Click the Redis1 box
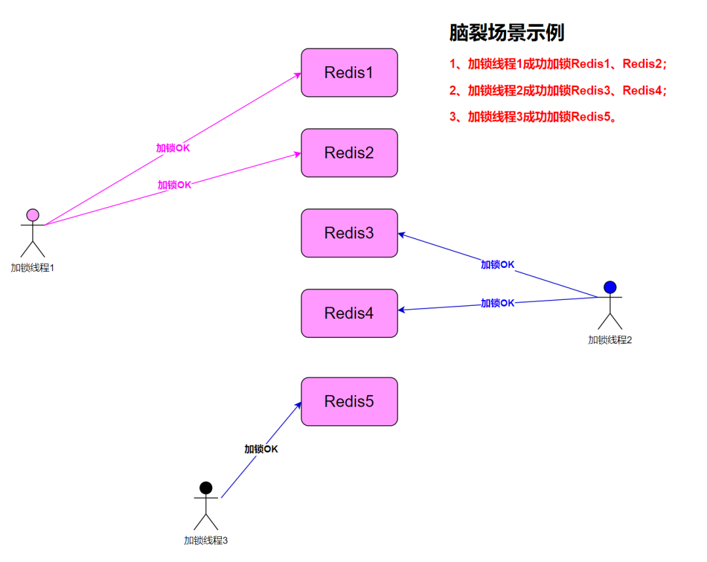point(349,73)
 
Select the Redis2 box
point(349,153)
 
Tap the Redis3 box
point(349,233)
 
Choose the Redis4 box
point(349,313)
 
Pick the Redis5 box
point(349,402)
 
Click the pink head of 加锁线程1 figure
point(33,215)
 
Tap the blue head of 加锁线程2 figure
point(610,287)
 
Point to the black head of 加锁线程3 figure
point(206,487)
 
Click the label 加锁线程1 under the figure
point(32,267)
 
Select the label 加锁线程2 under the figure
point(609,339)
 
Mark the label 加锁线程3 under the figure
point(206,540)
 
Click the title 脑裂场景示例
point(507,33)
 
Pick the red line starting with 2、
point(558,90)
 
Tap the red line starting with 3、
point(534,117)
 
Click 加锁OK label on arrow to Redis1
point(173,148)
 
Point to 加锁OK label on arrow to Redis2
point(174,185)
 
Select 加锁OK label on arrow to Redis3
point(498,265)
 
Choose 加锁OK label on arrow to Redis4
point(498,303)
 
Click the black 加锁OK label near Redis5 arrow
point(261,449)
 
